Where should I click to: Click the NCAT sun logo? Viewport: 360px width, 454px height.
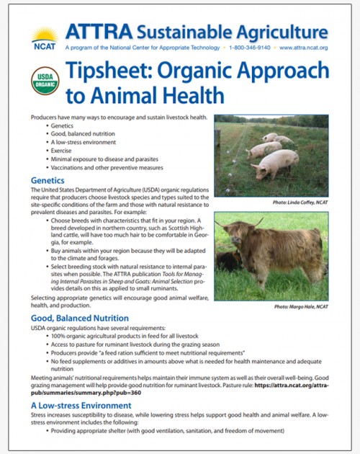pyautogui.click(x=45, y=38)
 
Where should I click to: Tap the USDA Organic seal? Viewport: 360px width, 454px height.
pyautogui.click(x=45, y=81)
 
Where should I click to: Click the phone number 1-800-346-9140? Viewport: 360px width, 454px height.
pyautogui.click(x=250, y=48)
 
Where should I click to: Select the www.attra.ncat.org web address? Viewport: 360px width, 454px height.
pyautogui.click(x=304, y=48)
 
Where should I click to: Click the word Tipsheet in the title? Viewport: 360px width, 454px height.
pyautogui.click(x=109, y=71)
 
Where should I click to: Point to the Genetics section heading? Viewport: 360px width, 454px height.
pyautogui.click(x=48, y=180)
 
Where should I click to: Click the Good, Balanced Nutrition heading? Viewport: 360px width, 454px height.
pyautogui.click(x=80, y=319)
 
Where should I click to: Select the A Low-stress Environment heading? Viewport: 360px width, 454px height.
pyautogui.click(x=81, y=405)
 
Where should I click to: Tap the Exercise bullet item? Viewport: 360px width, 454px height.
pyautogui.click(x=61, y=151)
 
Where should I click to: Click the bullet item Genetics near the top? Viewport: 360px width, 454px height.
pyautogui.click(x=62, y=125)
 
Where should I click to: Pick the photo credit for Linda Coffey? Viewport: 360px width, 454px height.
pyautogui.click(x=300, y=202)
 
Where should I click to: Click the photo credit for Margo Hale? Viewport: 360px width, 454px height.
pyautogui.click(x=301, y=306)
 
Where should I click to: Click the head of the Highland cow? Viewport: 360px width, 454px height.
pyautogui.click(x=238, y=234)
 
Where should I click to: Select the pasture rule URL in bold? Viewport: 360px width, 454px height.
pyautogui.click(x=180, y=389)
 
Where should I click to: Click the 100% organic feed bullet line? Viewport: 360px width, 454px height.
pyautogui.click(x=125, y=336)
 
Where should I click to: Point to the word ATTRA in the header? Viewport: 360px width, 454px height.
pyautogui.click(x=99, y=32)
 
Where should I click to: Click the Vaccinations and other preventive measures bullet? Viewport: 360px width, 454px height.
pyautogui.click(x=107, y=168)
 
